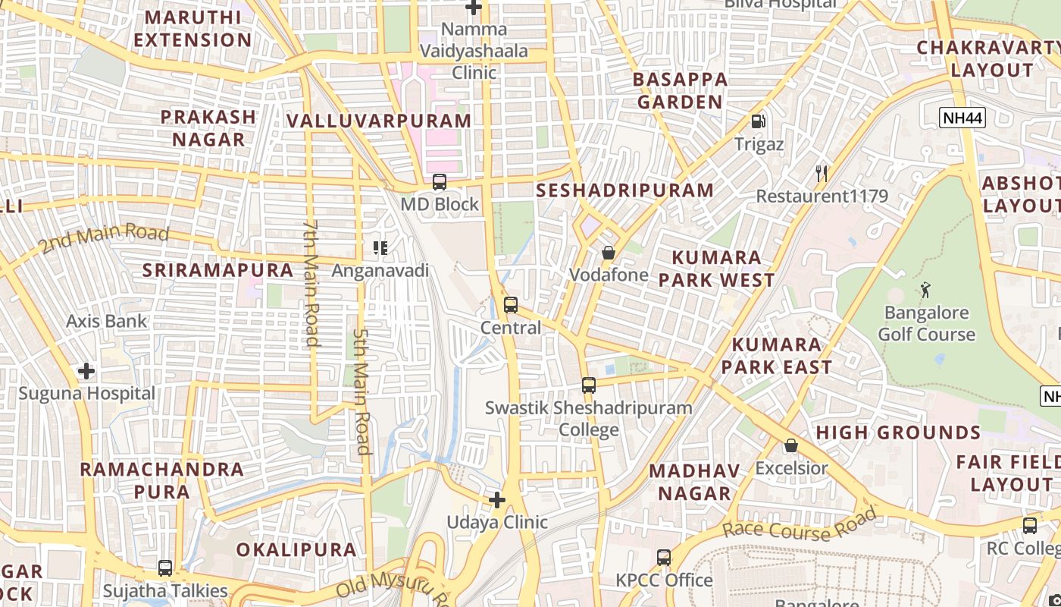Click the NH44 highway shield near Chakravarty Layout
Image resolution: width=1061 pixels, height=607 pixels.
tap(962, 118)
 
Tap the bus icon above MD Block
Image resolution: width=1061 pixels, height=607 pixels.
tap(440, 182)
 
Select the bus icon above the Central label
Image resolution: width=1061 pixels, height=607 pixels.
tap(511, 305)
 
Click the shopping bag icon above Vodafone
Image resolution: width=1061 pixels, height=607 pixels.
tap(609, 253)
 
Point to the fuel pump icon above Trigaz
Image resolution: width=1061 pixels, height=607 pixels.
tap(758, 121)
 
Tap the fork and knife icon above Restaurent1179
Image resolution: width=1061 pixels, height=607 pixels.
tap(822, 174)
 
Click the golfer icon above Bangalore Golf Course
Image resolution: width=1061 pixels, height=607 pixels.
tap(925, 289)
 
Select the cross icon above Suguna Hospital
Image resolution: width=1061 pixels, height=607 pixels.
tap(86, 371)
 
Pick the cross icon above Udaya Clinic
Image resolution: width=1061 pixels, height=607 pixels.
tap(497, 500)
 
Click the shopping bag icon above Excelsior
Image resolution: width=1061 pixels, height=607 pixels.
tap(791, 445)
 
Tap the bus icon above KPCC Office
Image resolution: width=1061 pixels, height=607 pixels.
tap(664, 558)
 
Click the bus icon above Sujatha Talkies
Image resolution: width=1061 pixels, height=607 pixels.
tap(165, 568)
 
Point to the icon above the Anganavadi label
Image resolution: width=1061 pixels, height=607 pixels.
tap(380, 247)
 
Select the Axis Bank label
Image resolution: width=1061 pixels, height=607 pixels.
tap(106, 321)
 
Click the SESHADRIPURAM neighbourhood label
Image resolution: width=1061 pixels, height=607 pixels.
tap(625, 190)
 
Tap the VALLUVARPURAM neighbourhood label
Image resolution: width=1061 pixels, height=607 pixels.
tap(379, 121)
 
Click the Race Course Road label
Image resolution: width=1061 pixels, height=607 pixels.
tap(800, 525)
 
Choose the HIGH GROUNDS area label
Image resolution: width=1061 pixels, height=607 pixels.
tap(898, 432)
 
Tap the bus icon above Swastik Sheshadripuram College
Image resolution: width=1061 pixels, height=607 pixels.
tap(589, 385)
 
